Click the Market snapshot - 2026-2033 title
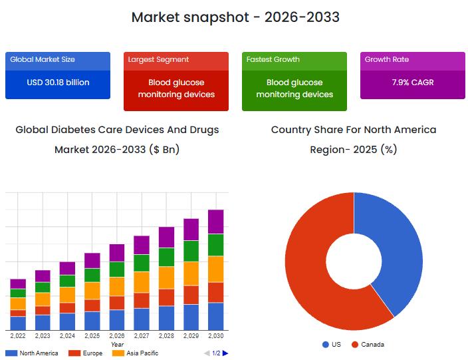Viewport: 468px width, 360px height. coord(235,17)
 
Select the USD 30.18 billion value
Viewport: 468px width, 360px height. coord(58,83)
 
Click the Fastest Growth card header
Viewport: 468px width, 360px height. coord(273,60)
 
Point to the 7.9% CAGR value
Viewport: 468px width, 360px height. coord(412,83)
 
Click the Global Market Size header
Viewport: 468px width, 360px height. coord(42,60)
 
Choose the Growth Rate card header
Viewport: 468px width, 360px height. coord(386,60)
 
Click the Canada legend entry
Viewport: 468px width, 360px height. coord(368,345)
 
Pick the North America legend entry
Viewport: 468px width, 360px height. coord(33,353)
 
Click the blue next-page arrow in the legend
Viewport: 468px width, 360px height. coord(225,353)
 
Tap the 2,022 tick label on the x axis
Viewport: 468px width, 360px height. coord(18,337)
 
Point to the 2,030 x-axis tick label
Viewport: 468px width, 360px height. coord(216,337)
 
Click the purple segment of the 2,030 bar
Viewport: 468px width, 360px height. coord(216,222)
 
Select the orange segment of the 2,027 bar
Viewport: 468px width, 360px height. coord(142,281)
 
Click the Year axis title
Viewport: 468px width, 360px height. coord(117,345)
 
